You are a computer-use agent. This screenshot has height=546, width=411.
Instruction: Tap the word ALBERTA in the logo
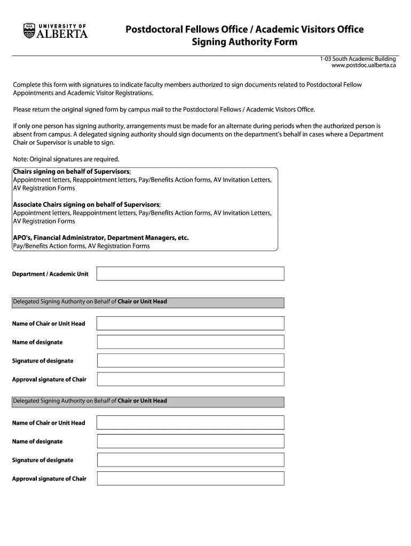pos(62,34)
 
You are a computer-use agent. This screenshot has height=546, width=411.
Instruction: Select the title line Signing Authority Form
pos(244,42)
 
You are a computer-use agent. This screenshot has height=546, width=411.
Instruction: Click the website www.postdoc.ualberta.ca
pos(363,65)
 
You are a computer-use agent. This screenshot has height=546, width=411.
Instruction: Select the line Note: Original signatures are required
pos(66,159)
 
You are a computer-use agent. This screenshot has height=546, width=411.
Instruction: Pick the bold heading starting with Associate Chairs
pos(86,205)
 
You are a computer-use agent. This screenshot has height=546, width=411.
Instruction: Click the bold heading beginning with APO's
pos(100,238)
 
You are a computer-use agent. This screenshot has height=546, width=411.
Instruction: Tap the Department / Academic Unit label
pos(50,274)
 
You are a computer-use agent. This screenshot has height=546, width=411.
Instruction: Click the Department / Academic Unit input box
pos(190,274)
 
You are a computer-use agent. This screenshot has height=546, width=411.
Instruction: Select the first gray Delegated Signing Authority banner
pos(148,302)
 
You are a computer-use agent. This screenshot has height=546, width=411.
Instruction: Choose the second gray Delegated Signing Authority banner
pos(148,402)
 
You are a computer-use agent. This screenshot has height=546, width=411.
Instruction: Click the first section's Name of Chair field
pos(190,323)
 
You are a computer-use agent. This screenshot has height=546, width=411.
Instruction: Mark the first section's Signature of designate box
pos(190,360)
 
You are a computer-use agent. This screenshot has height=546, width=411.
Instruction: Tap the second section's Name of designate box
pos(190,441)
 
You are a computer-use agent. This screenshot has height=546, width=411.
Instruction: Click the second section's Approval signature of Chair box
pos(190,478)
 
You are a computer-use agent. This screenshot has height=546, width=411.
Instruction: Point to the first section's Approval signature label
pos(49,380)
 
